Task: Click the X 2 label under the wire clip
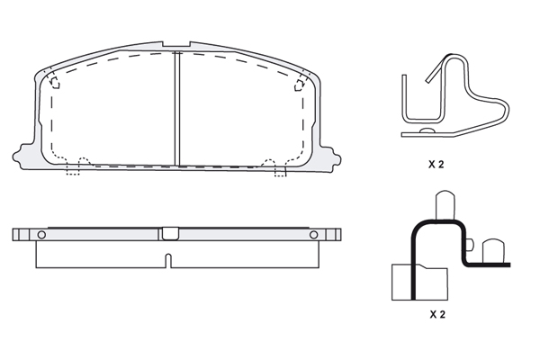click(x=436, y=165)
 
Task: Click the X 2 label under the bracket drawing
click(x=437, y=314)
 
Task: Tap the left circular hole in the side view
click(x=41, y=235)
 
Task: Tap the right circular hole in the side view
click(x=313, y=235)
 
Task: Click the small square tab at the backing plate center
click(x=170, y=234)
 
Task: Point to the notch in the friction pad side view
click(x=168, y=261)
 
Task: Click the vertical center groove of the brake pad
click(x=177, y=109)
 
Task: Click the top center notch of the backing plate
click(x=176, y=44)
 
